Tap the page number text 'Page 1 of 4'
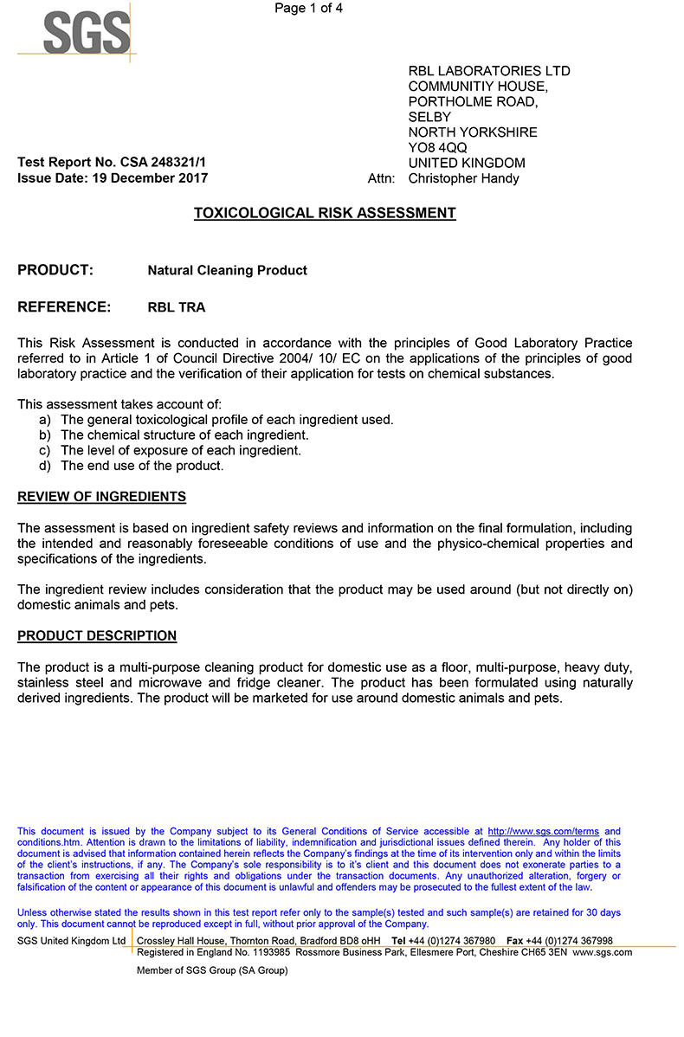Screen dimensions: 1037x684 click(x=308, y=9)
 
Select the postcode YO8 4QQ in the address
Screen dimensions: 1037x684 click(x=437, y=148)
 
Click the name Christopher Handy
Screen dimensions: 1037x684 click(x=463, y=178)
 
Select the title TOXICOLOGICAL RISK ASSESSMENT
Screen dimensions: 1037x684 click(x=325, y=213)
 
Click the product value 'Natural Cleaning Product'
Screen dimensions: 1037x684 click(x=227, y=270)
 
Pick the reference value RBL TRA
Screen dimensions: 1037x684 click(x=176, y=307)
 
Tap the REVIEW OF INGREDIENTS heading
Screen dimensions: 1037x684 click(x=101, y=497)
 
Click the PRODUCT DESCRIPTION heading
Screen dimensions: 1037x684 click(x=97, y=636)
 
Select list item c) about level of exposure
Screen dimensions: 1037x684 click(x=181, y=450)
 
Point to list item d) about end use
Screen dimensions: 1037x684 click(x=142, y=466)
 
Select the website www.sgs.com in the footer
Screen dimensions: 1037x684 click(x=602, y=952)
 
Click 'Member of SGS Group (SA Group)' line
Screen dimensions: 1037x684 click(x=212, y=970)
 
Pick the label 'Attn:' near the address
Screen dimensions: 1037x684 click(x=382, y=178)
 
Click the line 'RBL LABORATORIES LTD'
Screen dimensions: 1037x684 click(x=489, y=71)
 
